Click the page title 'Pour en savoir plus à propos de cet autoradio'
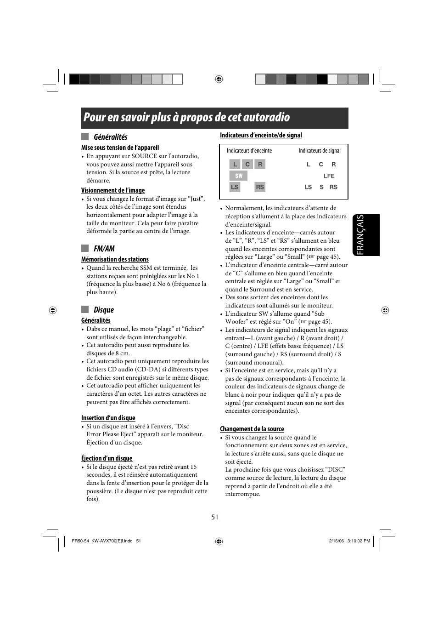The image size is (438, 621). click(x=186, y=118)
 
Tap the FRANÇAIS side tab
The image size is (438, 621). click(x=366, y=235)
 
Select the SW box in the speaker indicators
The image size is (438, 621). click(x=238, y=176)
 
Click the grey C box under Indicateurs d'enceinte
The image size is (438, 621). click(x=247, y=164)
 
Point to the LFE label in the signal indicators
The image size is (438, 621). click(x=329, y=176)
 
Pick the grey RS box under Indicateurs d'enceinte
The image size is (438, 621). click(x=260, y=187)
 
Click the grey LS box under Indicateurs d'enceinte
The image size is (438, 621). click(x=235, y=187)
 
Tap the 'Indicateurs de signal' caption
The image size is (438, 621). click(x=320, y=151)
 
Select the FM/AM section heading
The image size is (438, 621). click(x=104, y=249)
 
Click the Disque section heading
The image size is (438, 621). click(x=103, y=310)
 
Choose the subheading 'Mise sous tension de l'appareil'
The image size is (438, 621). click(x=120, y=148)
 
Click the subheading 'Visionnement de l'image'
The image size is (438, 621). click(x=113, y=190)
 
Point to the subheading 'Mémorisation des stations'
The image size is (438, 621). click(x=115, y=259)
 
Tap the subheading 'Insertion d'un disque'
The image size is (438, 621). click(x=108, y=418)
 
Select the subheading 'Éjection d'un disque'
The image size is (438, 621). click(x=107, y=458)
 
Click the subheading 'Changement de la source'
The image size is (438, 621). click(x=252, y=429)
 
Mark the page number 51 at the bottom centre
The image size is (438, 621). click(x=215, y=517)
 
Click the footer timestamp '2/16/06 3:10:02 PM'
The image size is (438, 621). click(x=349, y=541)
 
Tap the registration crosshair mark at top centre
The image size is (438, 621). click(x=219, y=79)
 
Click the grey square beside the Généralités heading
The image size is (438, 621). click(x=85, y=137)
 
